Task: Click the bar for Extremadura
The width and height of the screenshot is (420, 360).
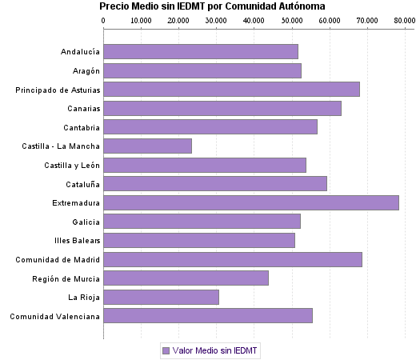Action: click(250, 202)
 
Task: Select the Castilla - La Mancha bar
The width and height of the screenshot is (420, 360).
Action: click(147, 146)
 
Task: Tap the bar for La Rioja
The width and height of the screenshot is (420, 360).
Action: click(161, 298)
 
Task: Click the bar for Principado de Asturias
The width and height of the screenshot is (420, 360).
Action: click(231, 89)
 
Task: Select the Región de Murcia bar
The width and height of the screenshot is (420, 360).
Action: click(186, 278)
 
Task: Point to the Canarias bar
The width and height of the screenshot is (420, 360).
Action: click(222, 108)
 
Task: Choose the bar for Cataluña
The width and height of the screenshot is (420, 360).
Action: click(214, 184)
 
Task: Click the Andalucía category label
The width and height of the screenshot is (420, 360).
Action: click(80, 52)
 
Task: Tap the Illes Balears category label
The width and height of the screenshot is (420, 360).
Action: click(78, 241)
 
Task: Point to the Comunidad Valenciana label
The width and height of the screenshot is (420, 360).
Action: click(54, 317)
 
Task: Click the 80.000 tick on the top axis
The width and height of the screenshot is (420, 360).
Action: click(404, 20)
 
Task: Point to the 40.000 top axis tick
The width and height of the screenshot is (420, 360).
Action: click(254, 20)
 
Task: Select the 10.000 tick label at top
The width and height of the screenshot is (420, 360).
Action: click(141, 20)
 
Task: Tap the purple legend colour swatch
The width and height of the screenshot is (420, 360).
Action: click(166, 350)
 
